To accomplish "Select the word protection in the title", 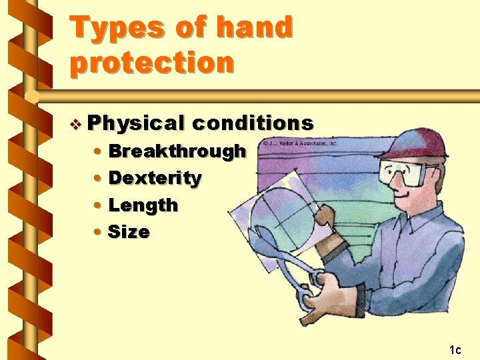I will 152,63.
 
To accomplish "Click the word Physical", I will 135,123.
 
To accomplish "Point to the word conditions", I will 253,123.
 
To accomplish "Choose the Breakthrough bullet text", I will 177,151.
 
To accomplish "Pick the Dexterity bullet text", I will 155,178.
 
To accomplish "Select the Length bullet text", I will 143,205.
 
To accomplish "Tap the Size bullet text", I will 129,232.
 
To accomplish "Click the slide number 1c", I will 455,349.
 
